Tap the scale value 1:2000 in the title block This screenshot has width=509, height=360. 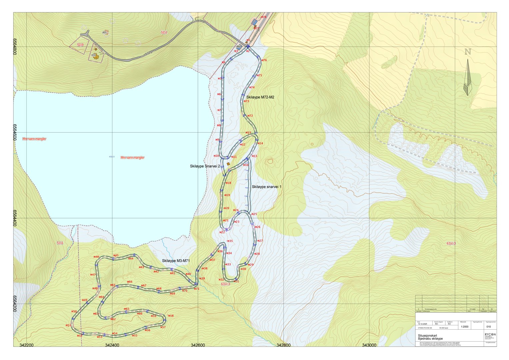[x=464, y=327]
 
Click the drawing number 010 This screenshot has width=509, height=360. [x=488, y=327]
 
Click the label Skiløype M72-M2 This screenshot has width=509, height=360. [x=260, y=97]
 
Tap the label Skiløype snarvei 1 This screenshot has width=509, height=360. [x=266, y=187]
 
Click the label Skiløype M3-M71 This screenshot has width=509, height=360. [x=176, y=261]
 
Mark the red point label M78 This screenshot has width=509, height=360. [x=263, y=17]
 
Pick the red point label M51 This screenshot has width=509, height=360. [x=68, y=325]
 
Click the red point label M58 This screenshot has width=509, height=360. [x=171, y=316]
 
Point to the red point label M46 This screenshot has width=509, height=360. [x=96, y=257]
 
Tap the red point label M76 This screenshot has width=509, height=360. [x=264, y=60]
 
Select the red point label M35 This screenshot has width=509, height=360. [x=230, y=241]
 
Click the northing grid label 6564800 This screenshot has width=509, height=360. [x=15, y=47]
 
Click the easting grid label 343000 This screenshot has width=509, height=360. [x=369, y=345]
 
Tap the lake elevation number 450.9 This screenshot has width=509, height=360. [x=112, y=157]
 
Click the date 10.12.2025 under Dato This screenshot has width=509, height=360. [x=423, y=324]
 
